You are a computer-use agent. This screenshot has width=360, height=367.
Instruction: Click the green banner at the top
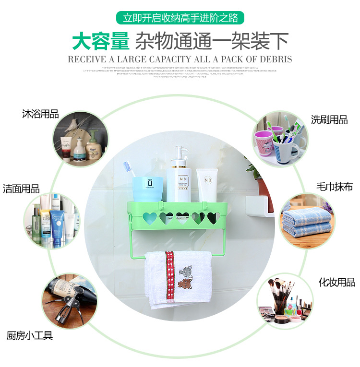pyautogui.click(x=180, y=18)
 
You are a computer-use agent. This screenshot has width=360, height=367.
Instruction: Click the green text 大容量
pyautogui.click(x=101, y=41)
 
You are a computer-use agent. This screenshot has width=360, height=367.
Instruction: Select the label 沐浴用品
pyautogui.click(x=40, y=114)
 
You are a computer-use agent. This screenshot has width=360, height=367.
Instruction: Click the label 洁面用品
pyautogui.click(x=21, y=189)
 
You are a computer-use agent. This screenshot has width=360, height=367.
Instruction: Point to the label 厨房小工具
pyautogui.click(x=29, y=335)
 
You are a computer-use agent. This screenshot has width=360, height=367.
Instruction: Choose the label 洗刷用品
pyautogui.click(x=329, y=120)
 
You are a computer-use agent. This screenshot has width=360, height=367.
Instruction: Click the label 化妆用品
pyautogui.click(x=336, y=282)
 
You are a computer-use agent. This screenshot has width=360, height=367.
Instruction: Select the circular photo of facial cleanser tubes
pyautogui.click(x=52, y=220)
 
